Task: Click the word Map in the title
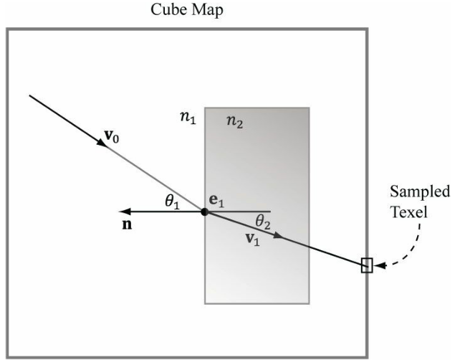pos(206,11)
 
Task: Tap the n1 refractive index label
pos(188,118)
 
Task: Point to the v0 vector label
pos(112,136)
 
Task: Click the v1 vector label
pos(252,240)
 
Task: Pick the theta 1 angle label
pos(173,202)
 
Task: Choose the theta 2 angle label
pos(263,222)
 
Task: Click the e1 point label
pos(216,201)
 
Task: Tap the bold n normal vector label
pos(127,224)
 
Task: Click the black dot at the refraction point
pos(205,212)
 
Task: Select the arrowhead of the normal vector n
pos(125,212)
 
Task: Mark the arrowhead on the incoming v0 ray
pos(102,143)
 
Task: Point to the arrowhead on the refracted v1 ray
pos(278,235)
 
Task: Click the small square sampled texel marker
pos(367,265)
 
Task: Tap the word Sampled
pos(420,192)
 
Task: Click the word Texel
pos(409,212)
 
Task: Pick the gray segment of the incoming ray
pos(155,179)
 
